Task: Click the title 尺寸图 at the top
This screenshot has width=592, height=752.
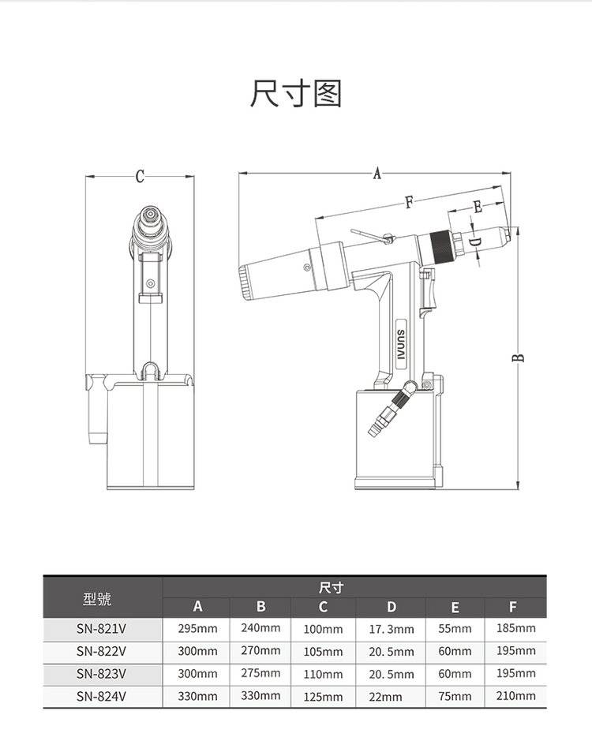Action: (295, 94)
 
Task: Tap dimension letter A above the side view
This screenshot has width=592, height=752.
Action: (377, 174)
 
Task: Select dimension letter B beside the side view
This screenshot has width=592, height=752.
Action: (519, 358)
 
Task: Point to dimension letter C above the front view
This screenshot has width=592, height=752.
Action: (140, 177)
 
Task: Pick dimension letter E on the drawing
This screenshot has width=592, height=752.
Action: (478, 207)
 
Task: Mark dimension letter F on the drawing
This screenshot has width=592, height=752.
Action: (409, 203)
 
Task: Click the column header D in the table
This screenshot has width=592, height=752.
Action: (391, 607)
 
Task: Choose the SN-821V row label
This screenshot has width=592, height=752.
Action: (102, 630)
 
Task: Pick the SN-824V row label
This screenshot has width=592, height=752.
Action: (102, 696)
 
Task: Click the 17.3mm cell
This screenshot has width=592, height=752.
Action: (391, 630)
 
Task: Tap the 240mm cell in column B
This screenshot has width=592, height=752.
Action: (260, 628)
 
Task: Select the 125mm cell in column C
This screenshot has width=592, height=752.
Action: (324, 697)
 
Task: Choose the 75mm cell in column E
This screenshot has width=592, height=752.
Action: (455, 697)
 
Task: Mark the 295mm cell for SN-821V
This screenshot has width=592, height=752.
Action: (197, 629)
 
